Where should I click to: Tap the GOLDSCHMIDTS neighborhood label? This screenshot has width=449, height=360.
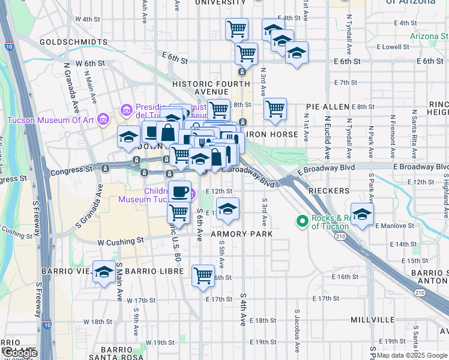tap(73, 43)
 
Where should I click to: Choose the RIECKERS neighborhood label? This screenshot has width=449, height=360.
tap(328, 191)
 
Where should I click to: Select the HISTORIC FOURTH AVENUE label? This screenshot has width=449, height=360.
tap(201, 88)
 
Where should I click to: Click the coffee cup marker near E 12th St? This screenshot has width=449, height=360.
tap(179, 192)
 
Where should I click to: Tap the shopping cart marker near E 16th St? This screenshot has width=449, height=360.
tap(203, 275)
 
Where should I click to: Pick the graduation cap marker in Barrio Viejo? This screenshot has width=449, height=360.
tap(104, 272)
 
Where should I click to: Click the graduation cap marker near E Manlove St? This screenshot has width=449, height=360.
tap(362, 214)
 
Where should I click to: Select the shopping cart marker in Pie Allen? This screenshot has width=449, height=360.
tap(275, 109)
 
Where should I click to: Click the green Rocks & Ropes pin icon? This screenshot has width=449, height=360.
tap(303, 222)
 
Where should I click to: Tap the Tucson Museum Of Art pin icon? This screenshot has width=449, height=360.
tap(103, 119)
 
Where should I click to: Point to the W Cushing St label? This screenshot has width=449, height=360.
tap(121, 241)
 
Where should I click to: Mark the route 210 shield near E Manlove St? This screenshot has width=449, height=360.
tap(341, 237)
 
